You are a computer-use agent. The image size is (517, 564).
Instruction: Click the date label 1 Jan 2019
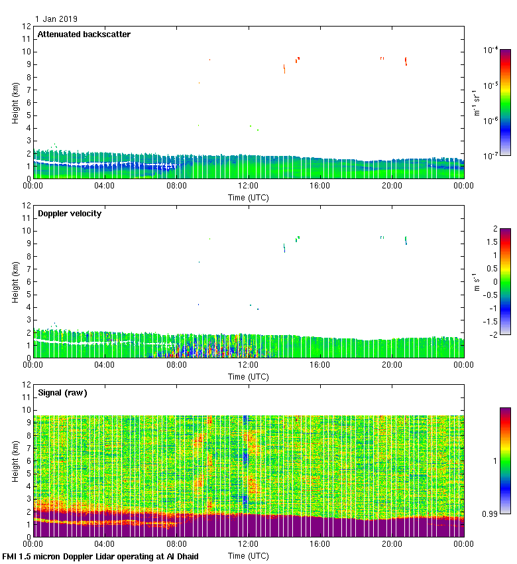[x=56, y=19]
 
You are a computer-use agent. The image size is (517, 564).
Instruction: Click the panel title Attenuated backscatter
[x=84, y=35]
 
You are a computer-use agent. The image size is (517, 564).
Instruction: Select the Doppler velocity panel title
[x=69, y=214]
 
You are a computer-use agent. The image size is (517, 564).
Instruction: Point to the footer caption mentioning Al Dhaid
[x=100, y=556]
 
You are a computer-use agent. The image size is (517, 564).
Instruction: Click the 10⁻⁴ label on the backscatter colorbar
[x=491, y=50]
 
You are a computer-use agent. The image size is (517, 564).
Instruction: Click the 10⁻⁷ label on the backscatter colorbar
[x=491, y=155]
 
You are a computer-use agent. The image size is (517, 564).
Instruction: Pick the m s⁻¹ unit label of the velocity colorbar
[x=477, y=281]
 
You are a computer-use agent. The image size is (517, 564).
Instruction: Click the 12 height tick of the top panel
[x=27, y=27]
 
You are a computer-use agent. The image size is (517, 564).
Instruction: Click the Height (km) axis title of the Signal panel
[x=15, y=461]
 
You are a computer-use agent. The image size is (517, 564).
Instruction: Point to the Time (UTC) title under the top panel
[x=249, y=198]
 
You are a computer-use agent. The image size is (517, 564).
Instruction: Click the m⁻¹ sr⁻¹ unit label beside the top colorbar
[x=477, y=103]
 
